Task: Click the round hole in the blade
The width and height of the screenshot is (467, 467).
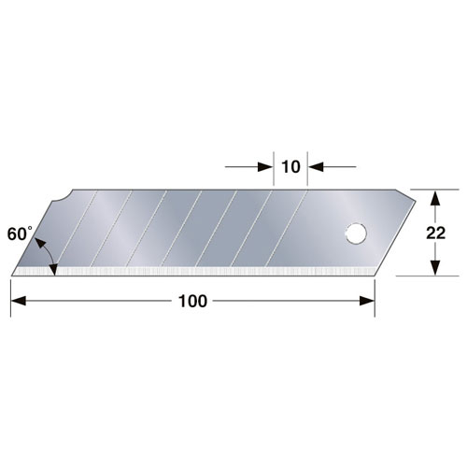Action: [356, 233]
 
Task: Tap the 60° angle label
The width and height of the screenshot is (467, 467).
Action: [20, 233]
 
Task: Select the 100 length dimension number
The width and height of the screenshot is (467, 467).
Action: [192, 301]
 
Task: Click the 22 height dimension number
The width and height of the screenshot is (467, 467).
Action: [435, 233]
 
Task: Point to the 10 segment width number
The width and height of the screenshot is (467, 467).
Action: [290, 167]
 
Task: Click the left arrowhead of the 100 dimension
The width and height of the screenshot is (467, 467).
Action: [19, 301]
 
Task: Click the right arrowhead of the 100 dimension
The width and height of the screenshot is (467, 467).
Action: [367, 301]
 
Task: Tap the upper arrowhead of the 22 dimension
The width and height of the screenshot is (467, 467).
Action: [435, 197]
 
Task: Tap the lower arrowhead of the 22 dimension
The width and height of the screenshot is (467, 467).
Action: [435, 268]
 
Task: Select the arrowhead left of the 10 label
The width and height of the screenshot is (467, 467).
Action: [266, 167]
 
